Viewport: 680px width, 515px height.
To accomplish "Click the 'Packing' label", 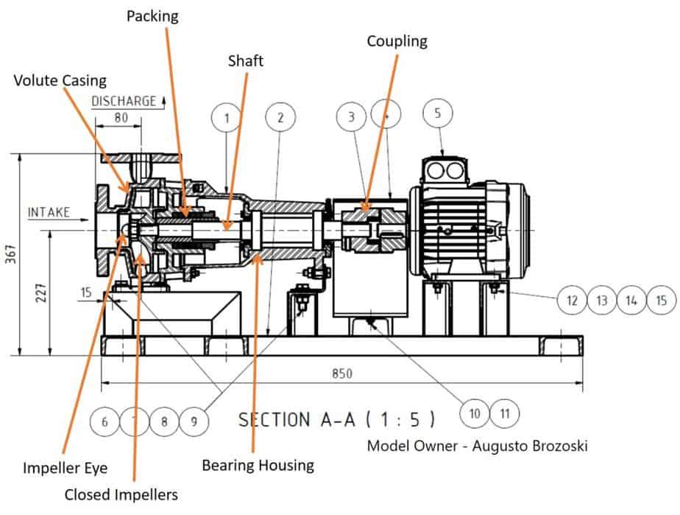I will coord(152,15).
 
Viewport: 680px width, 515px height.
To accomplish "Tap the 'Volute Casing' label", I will coord(60,80).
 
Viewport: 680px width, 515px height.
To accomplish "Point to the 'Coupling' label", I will coord(397,41).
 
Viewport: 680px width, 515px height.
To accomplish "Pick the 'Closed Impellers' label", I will coord(121,494).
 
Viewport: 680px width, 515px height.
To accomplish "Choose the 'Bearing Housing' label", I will coord(258,465).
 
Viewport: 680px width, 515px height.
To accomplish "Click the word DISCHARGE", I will coord(124,101).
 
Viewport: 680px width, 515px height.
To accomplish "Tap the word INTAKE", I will coord(49,213).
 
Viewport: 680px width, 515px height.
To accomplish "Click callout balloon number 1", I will coord(227,117).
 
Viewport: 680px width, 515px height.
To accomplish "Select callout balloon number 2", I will coord(280,117).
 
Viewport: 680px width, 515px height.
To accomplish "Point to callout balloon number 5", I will coord(439,113).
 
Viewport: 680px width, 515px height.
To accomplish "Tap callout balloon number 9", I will coord(194,421).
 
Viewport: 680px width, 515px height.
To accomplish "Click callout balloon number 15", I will coord(661,300).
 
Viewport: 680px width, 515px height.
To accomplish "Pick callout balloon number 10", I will coord(475,413).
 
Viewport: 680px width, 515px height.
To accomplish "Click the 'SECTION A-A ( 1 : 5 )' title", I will coord(336,420).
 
